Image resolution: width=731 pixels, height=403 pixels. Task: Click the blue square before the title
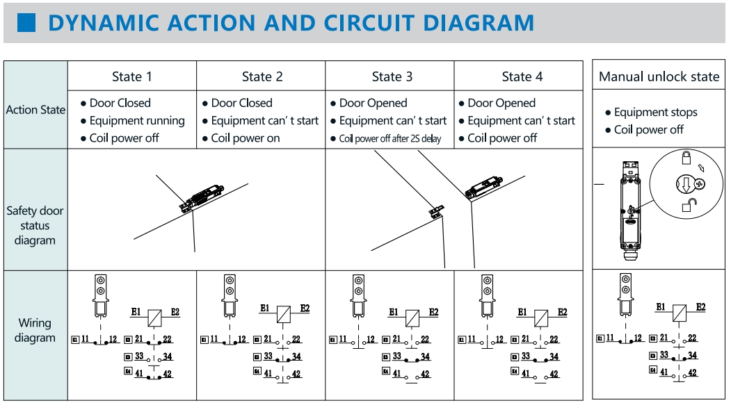click(x=26, y=23)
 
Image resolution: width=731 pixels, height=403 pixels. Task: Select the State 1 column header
click(x=131, y=76)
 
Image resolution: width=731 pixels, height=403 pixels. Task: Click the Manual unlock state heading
click(x=659, y=76)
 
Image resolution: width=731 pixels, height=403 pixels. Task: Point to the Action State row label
click(x=35, y=110)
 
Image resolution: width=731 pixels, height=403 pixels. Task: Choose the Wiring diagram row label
click(x=35, y=331)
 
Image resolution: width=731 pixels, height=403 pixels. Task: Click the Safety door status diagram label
click(x=35, y=225)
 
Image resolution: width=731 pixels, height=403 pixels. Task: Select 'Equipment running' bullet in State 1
click(x=136, y=121)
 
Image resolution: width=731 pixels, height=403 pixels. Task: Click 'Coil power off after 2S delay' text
click(x=389, y=138)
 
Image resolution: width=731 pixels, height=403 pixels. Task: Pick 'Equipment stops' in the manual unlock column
click(x=655, y=113)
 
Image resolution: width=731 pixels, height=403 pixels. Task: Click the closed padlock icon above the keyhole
click(x=686, y=157)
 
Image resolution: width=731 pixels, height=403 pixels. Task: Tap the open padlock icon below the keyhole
click(x=688, y=204)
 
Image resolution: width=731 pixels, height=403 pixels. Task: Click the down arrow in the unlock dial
click(x=684, y=185)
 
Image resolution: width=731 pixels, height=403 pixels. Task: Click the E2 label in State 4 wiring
click(x=562, y=312)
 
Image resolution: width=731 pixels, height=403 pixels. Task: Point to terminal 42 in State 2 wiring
click(x=296, y=374)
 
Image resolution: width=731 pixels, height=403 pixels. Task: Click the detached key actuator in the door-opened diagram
click(x=435, y=211)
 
